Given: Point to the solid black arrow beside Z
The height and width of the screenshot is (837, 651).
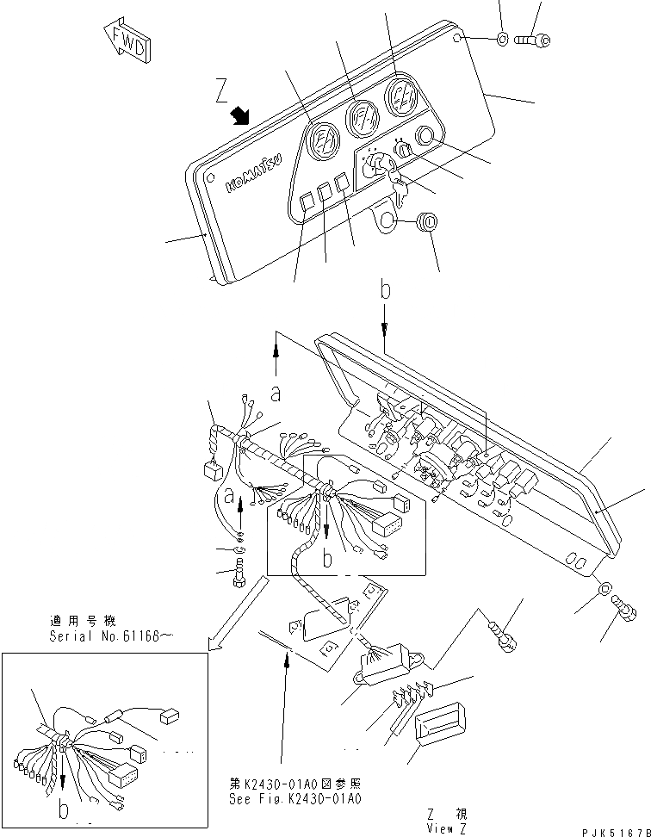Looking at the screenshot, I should [x=240, y=115].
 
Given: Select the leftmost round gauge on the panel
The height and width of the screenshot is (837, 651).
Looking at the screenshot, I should [x=323, y=138].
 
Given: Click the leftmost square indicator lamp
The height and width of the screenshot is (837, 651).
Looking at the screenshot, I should [x=306, y=202].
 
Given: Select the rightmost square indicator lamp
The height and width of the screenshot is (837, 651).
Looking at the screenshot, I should [x=342, y=181].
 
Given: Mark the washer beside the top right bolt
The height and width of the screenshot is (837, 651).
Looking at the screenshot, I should [x=501, y=39].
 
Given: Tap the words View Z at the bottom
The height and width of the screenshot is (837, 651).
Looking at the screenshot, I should [x=445, y=828].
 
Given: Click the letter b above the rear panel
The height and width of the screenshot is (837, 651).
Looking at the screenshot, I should [x=386, y=290].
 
